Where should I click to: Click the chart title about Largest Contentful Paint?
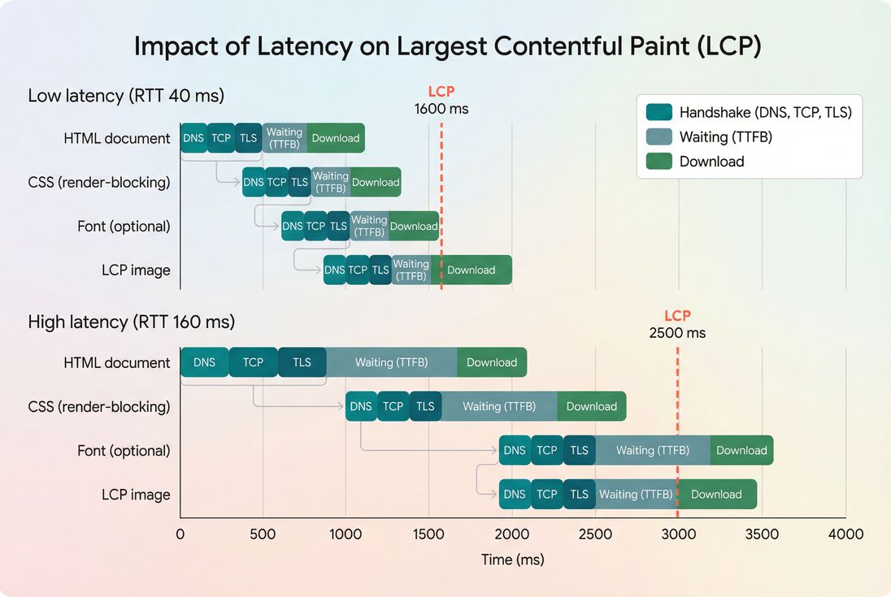click(447, 46)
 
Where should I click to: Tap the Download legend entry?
click(711, 162)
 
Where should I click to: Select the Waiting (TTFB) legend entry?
click(725, 137)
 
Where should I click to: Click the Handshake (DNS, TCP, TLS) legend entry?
click(765, 112)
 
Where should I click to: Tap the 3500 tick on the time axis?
click(763, 534)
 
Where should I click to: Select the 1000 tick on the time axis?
click(346, 534)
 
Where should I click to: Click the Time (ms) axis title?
click(512, 560)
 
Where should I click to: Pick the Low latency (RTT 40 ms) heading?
click(126, 96)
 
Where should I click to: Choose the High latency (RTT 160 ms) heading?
click(131, 322)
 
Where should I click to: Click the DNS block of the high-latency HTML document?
click(204, 362)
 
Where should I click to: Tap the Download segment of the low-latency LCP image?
click(472, 270)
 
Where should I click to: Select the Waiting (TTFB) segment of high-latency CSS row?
click(499, 406)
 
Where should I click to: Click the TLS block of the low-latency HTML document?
click(249, 138)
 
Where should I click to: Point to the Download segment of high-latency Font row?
click(741, 451)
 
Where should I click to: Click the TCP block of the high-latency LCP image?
click(547, 495)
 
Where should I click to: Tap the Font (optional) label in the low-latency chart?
click(124, 227)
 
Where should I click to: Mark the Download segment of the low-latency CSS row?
click(376, 183)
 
